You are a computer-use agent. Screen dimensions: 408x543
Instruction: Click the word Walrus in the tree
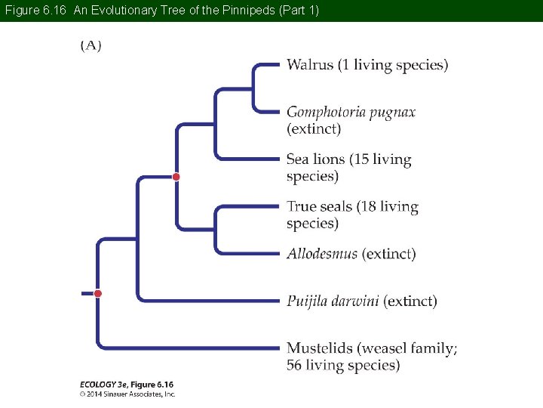pos(309,65)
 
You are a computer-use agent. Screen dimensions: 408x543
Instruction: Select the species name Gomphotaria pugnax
pos(351,113)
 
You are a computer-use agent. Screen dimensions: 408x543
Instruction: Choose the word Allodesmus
pos(322,254)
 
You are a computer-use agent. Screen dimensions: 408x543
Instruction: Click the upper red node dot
pos(176,177)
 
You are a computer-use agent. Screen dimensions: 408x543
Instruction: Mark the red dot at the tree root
pos(98,293)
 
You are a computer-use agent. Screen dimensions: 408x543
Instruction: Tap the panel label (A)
pos(91,45)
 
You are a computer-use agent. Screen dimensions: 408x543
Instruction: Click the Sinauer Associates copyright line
pos(127,394)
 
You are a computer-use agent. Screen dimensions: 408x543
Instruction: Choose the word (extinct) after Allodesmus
pos(389,254)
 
